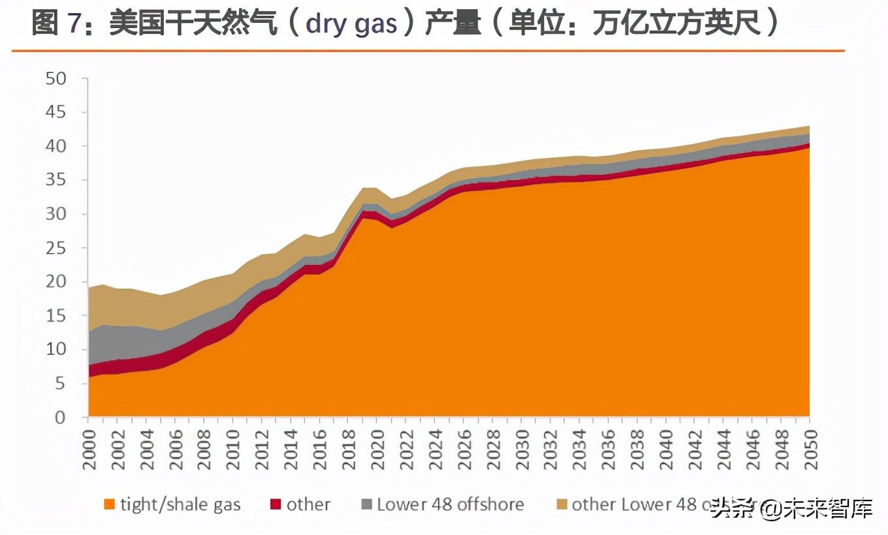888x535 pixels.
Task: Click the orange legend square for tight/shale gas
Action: (x=109, y=504)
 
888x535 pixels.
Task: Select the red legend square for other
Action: (x=275, y=504)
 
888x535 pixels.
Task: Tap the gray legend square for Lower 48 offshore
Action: (x=366, y=504)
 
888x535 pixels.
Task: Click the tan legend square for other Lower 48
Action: (x=561, y=504)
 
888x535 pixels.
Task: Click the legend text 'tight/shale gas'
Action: (x=180, y=504)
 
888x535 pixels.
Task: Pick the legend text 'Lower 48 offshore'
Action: (x=450, y=504)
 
